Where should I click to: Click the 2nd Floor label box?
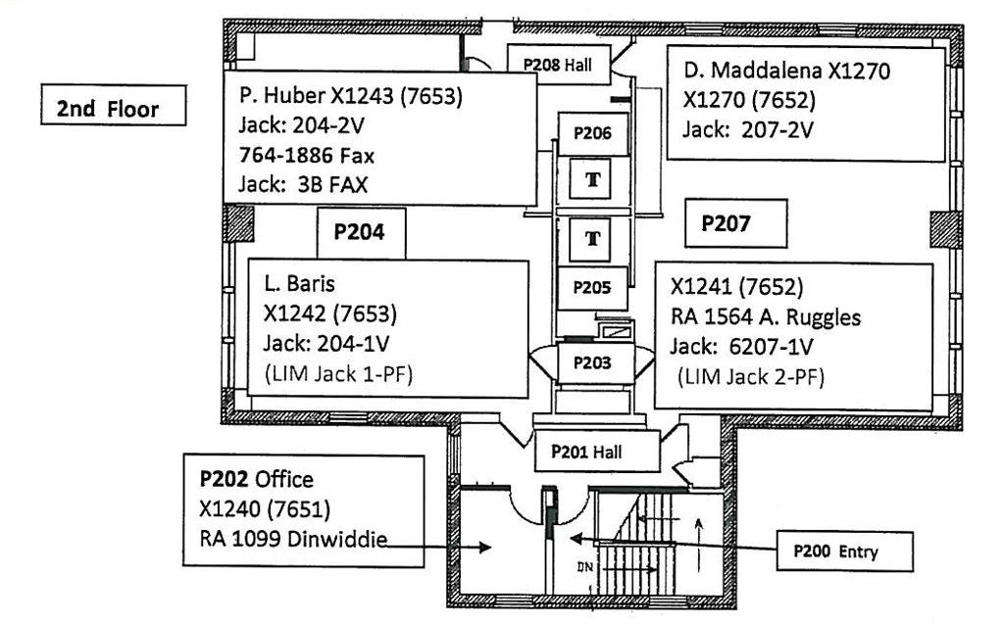pos(114,106)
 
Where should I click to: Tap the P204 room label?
pos(360,233)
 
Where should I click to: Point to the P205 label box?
pos(592,288)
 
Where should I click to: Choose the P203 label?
pos(591,363)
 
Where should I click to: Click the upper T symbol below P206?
pos(592,181)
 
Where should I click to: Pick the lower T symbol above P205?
pos(592,238)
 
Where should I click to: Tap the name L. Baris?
pos(299,285)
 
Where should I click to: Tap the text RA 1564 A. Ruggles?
pos(766,317)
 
